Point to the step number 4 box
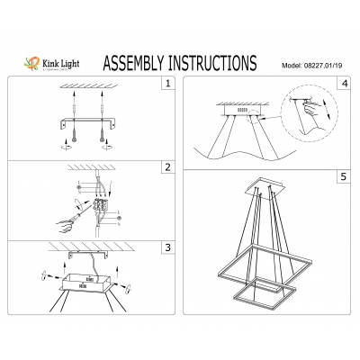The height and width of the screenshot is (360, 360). [x=344, y=85]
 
